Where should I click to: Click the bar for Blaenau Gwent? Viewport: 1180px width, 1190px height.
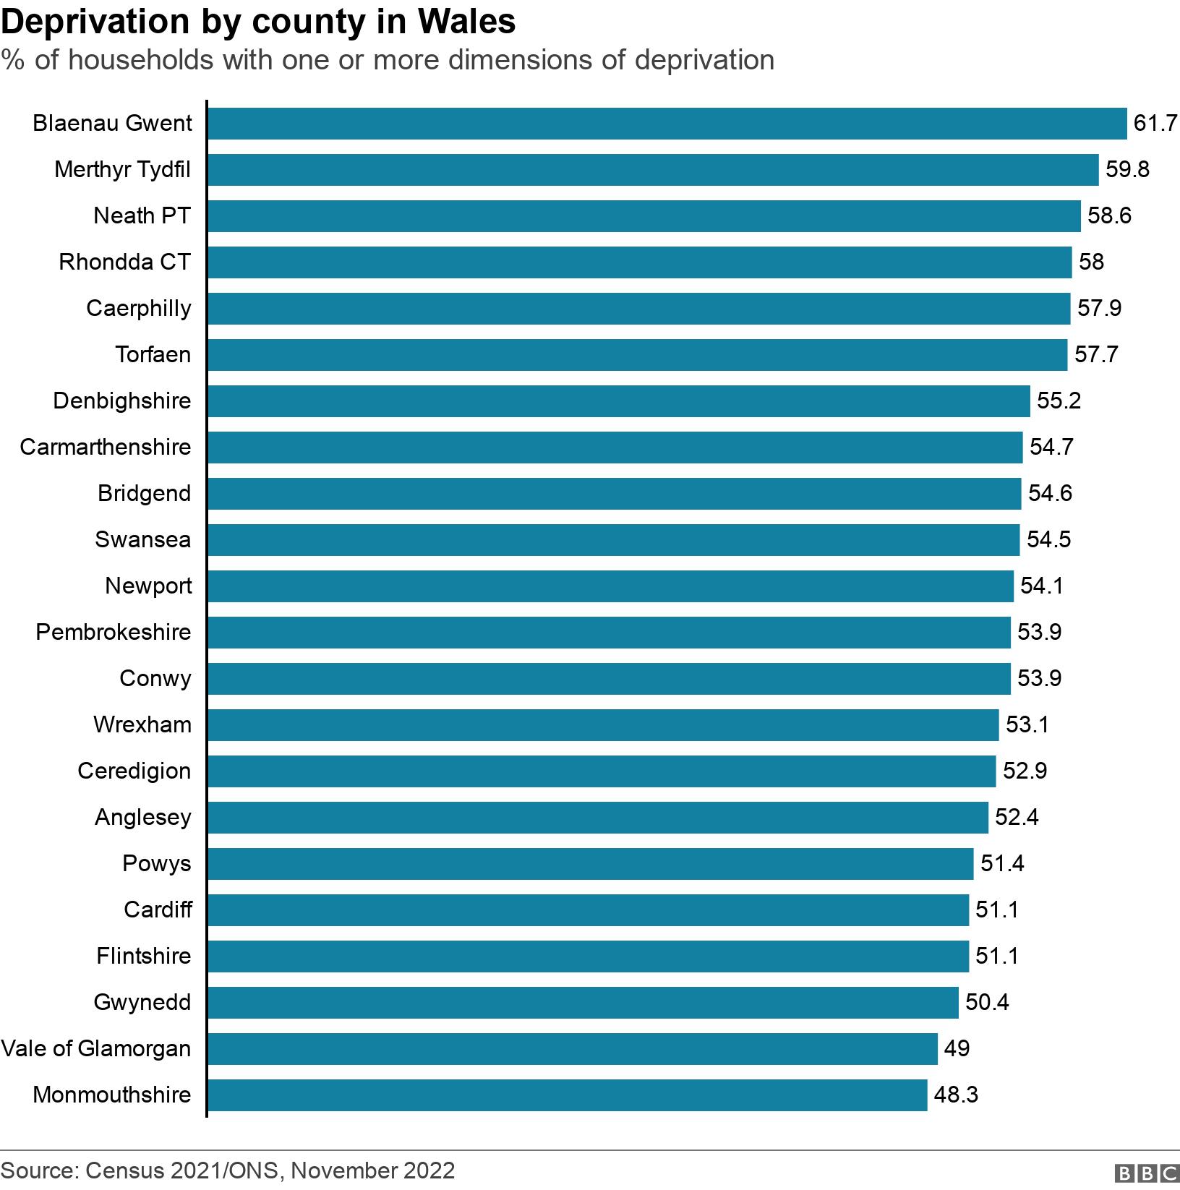pyautogui.click(x=667, y=124)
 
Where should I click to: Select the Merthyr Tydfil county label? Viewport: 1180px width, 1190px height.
pyautogui.click(x=122, y=170)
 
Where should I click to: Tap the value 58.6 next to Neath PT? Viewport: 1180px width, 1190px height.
pyautogui.click(x=1109, y=215)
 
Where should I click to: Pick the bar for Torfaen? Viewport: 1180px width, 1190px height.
pyautogui.click(x=637, y=355)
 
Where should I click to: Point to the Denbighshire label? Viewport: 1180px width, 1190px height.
pyautogui.click(x=121, y=401)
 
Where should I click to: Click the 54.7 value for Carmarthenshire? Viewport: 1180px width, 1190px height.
pyautogui.click(x=1051, y=447)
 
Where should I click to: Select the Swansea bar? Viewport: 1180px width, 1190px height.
pyautogui.click(x=613, y=540)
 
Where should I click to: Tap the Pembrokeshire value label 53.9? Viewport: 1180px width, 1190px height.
pyautogui.click(x=1039, y=632)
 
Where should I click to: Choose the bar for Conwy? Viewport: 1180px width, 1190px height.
pyautogui.click(x=609, y=679)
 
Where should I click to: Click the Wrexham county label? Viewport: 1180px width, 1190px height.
pyautogui.click(x=142, y=724)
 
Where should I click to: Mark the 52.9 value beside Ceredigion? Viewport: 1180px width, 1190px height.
pyautogui.click(x=1025, y=771)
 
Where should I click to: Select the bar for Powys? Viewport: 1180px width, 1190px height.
pyautogui.click(x=590, y=864)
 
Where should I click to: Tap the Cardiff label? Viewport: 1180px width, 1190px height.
pyautogui.click(x=158, y=909)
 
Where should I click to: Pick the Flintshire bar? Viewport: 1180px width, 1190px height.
pyautogui.click(x=588, y=956)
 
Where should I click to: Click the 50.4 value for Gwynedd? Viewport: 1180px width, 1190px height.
pyautogui.click(x=987, y=1002)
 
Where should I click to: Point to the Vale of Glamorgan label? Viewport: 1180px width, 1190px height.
pyautogui.click(x=96, y=1048)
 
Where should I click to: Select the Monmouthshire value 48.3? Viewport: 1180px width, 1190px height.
pyautogui.click(x=956, y=1095)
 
